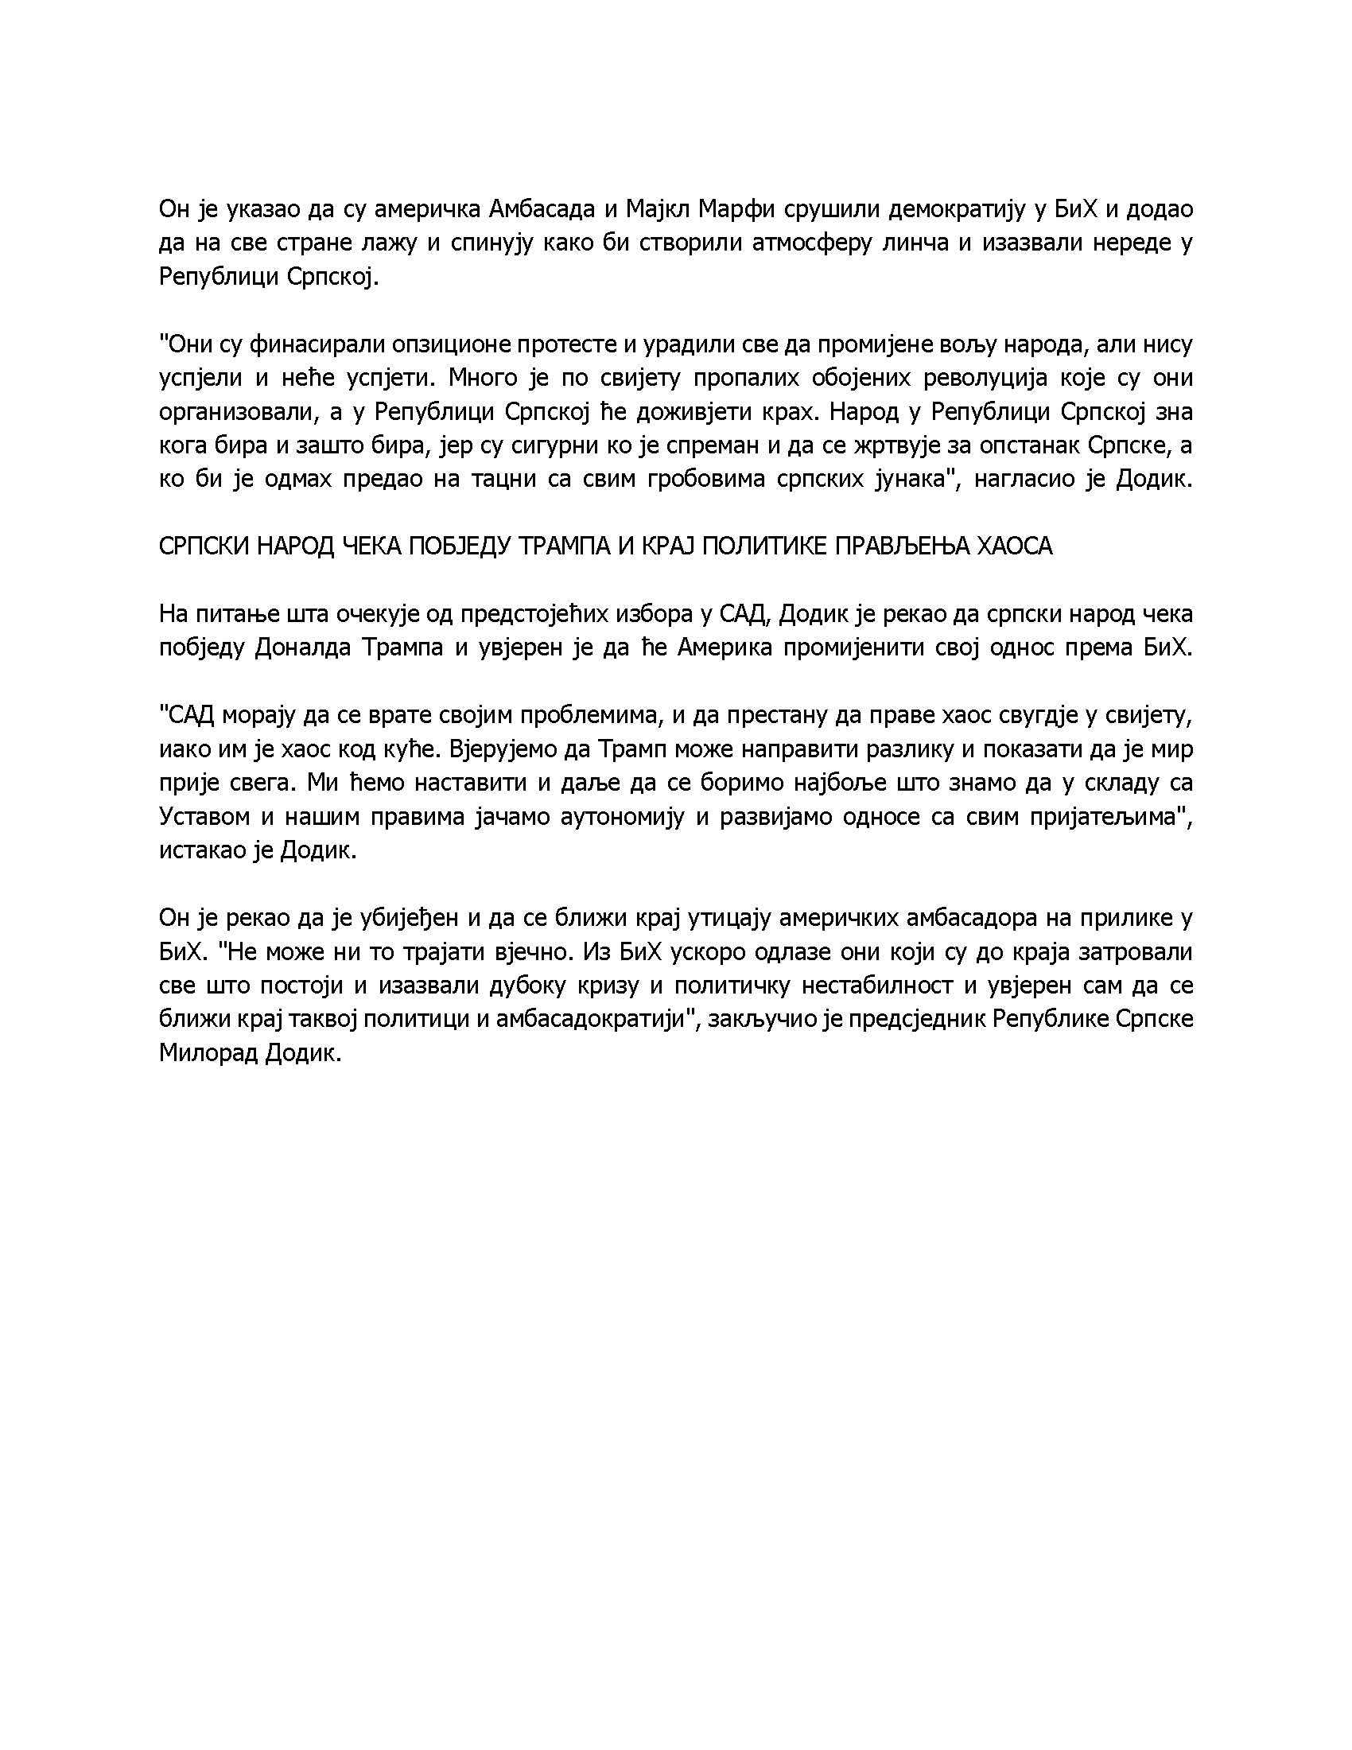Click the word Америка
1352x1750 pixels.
pos(725,647)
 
